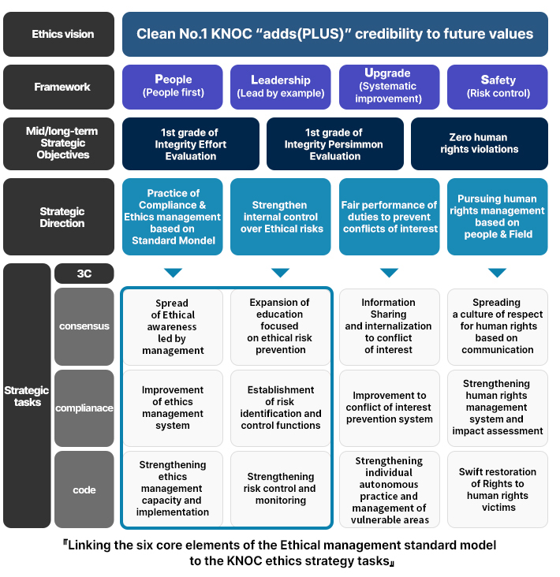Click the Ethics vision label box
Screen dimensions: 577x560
pyautogui.click(x=62, y=34)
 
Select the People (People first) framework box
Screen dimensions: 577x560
pyautogui.click(x=173, y=87)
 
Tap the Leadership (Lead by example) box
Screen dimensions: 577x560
pyautogui.click(x=280, y=87)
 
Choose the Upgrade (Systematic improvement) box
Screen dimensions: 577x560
pyautogui.click(x=389, y=87)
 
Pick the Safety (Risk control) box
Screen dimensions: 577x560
pyautogui.click(x=497, y=87)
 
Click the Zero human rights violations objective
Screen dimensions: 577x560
pyautogui.click(x=479, y=143)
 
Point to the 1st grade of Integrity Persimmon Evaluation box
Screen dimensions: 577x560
pyautogui.click(x=334, y=143)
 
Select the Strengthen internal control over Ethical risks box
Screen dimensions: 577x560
pyautogui.click(x=280, y=217)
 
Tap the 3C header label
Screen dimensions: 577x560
pyautogui.click(x=84, y=274)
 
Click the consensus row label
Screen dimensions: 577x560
pyautogui.click(x=84, y=326)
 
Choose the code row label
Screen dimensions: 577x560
pyautogui.click(x=84, y=490)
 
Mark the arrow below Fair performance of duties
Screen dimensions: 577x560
pyautogui.click(x=389, y=273)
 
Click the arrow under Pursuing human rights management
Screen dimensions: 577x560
pyautogui.click(x=497, y=273)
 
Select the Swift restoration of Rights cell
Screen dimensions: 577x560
pyautogui.click(x=497, y=490)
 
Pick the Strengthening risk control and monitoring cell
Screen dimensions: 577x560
pyautogui.click(x=280, y=489)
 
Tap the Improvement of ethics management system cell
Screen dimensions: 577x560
pyautogui.click(x=173, y=408)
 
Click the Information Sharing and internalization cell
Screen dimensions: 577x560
pyautogui.click(x=389, y=326)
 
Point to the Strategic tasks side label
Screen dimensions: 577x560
pyautogui.click(x=26, y=396)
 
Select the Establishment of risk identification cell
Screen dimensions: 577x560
pyautogui.click(x=280, y=408)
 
